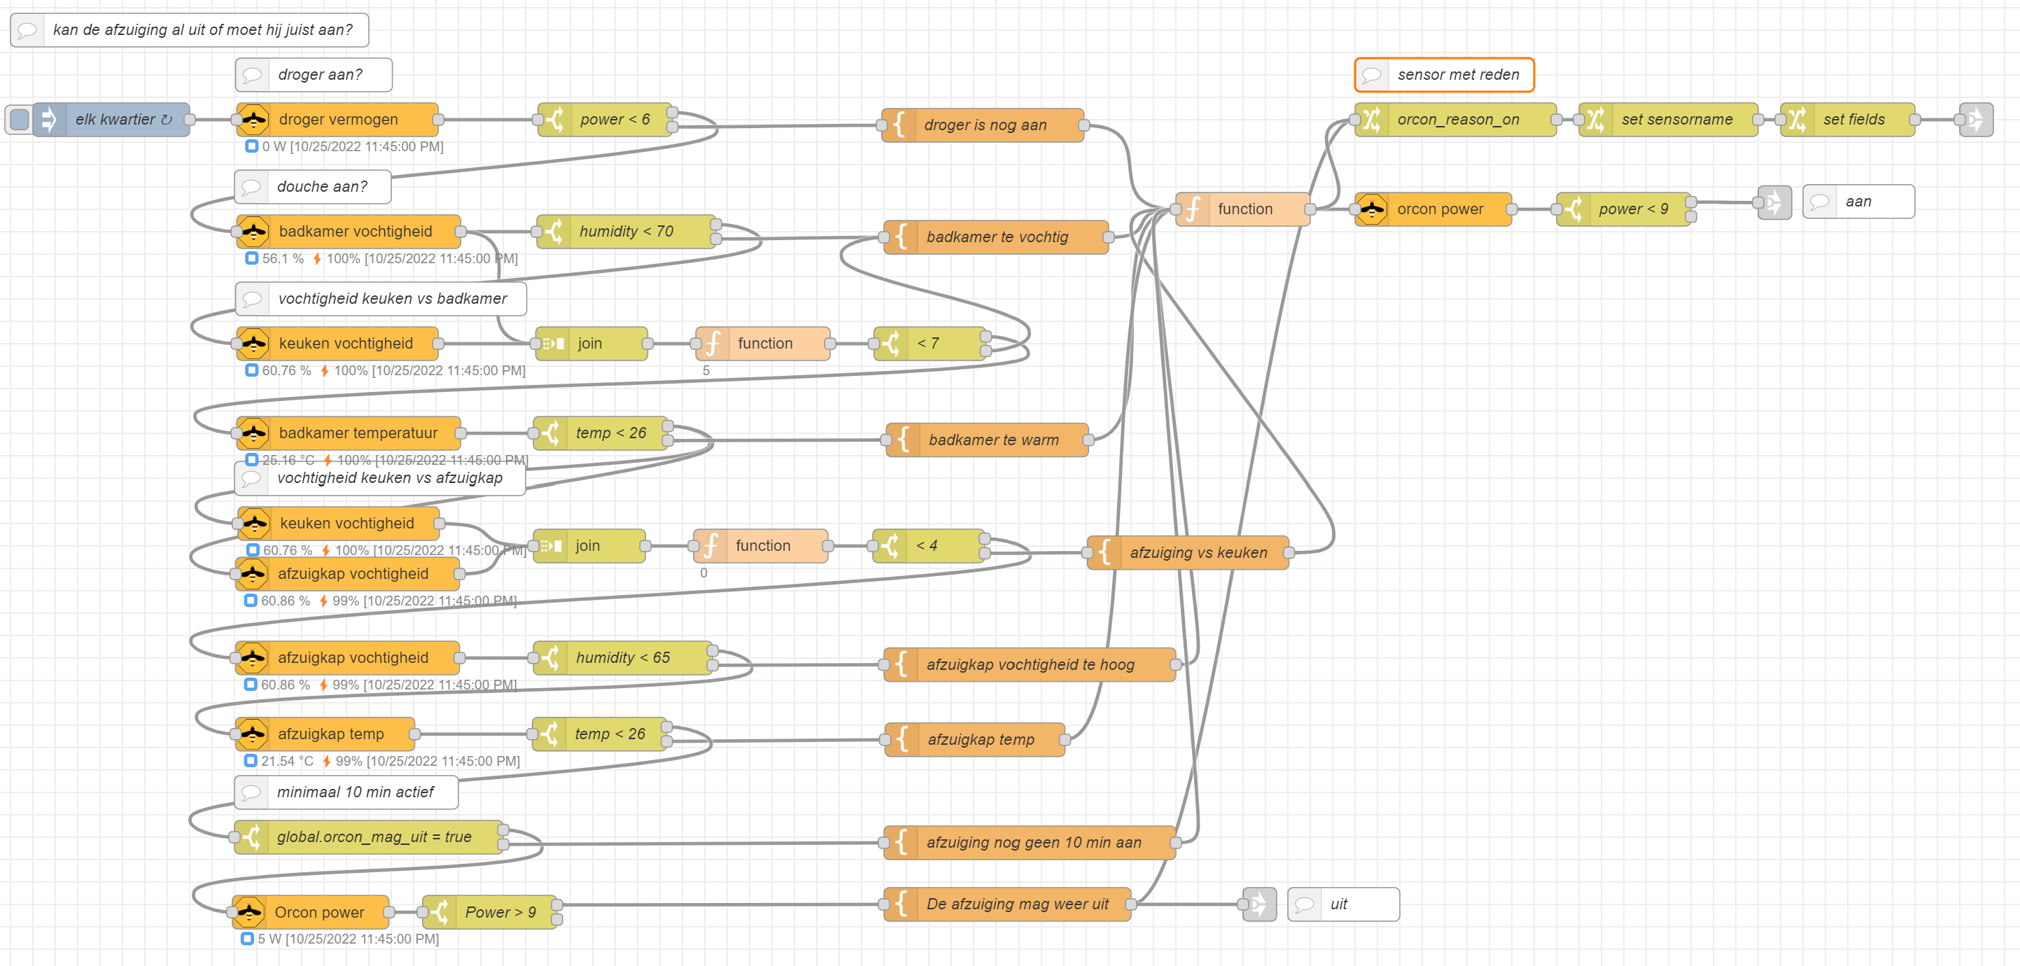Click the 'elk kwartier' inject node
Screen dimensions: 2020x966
[111, 119]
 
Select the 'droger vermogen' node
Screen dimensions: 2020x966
[337, 119]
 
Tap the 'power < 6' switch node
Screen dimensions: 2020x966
[605, 119]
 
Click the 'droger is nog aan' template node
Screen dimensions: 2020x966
[983, 125]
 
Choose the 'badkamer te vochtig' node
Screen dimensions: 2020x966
[996, 237]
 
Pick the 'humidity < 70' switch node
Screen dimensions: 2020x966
[626, 231]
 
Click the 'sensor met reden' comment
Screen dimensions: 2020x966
[1444, 74]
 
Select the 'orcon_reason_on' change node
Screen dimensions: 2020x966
[1455, 119]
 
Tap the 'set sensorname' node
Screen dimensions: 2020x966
[1668, 119]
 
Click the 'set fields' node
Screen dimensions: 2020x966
[1848, 119]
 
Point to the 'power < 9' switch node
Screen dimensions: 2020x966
[1623, 209]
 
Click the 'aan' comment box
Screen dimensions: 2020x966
[1858, 202]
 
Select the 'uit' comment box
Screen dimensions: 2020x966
[1343, 904]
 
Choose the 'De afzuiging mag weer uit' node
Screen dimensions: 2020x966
[1007, 904]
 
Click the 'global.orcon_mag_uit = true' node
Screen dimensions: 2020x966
[369, 836]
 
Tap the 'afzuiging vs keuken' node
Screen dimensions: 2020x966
[1187, 553]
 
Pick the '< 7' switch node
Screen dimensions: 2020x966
[930, 344]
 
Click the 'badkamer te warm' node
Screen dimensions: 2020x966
[986, 440]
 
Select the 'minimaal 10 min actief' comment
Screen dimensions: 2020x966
[346, 792]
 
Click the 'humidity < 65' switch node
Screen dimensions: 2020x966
[623, 658]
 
